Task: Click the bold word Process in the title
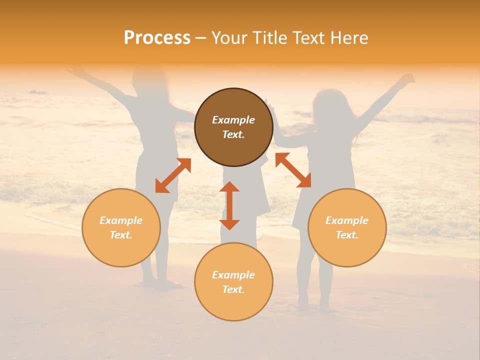[157, 38]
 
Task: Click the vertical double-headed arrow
[229, 205]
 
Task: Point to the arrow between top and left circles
[173, 175]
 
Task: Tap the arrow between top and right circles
[293, 170]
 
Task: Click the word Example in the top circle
[233, 120]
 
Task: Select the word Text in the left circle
[121, 235]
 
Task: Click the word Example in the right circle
[347, 220]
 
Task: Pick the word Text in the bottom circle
[233, 289]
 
